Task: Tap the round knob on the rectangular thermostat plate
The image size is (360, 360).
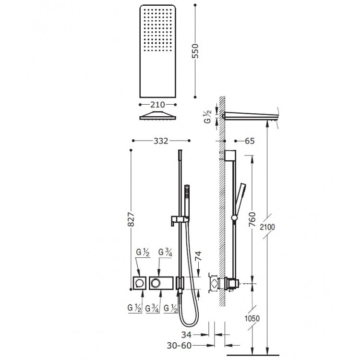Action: click(x=156, y=284)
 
